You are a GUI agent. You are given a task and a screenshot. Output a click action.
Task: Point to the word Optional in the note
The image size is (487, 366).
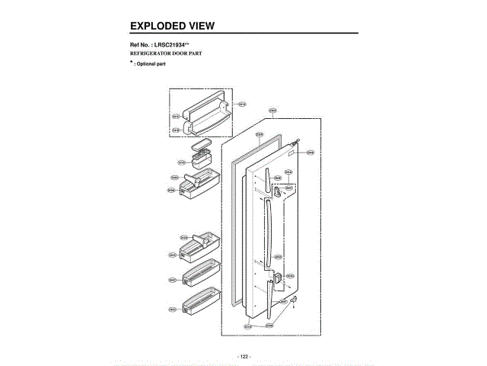pos(148,64)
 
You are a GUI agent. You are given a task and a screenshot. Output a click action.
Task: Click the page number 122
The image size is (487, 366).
pos(243,357)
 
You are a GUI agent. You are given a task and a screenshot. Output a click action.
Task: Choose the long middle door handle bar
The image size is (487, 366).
pos(266,233)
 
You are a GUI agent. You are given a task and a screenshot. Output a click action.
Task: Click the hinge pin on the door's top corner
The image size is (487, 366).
pos(299,141)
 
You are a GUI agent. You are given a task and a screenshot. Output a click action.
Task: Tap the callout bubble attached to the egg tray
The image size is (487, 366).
pos(181,162)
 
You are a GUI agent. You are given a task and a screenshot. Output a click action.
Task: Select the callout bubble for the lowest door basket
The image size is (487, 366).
pos(173,310)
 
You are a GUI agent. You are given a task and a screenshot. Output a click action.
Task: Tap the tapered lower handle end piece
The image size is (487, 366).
pos(270,297)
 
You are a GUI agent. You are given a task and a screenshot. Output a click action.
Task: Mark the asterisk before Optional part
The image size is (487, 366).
pos(131,62)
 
